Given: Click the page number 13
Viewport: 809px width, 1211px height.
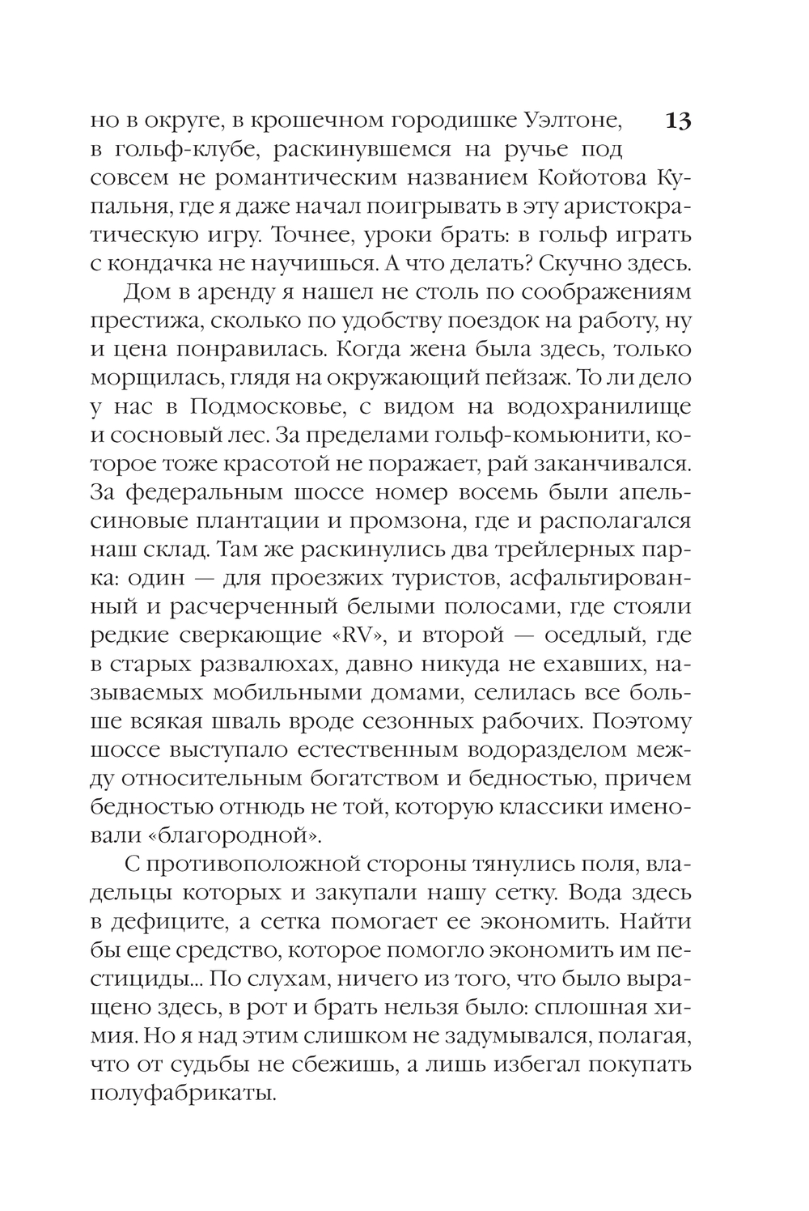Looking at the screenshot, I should (x=677, y=122).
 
